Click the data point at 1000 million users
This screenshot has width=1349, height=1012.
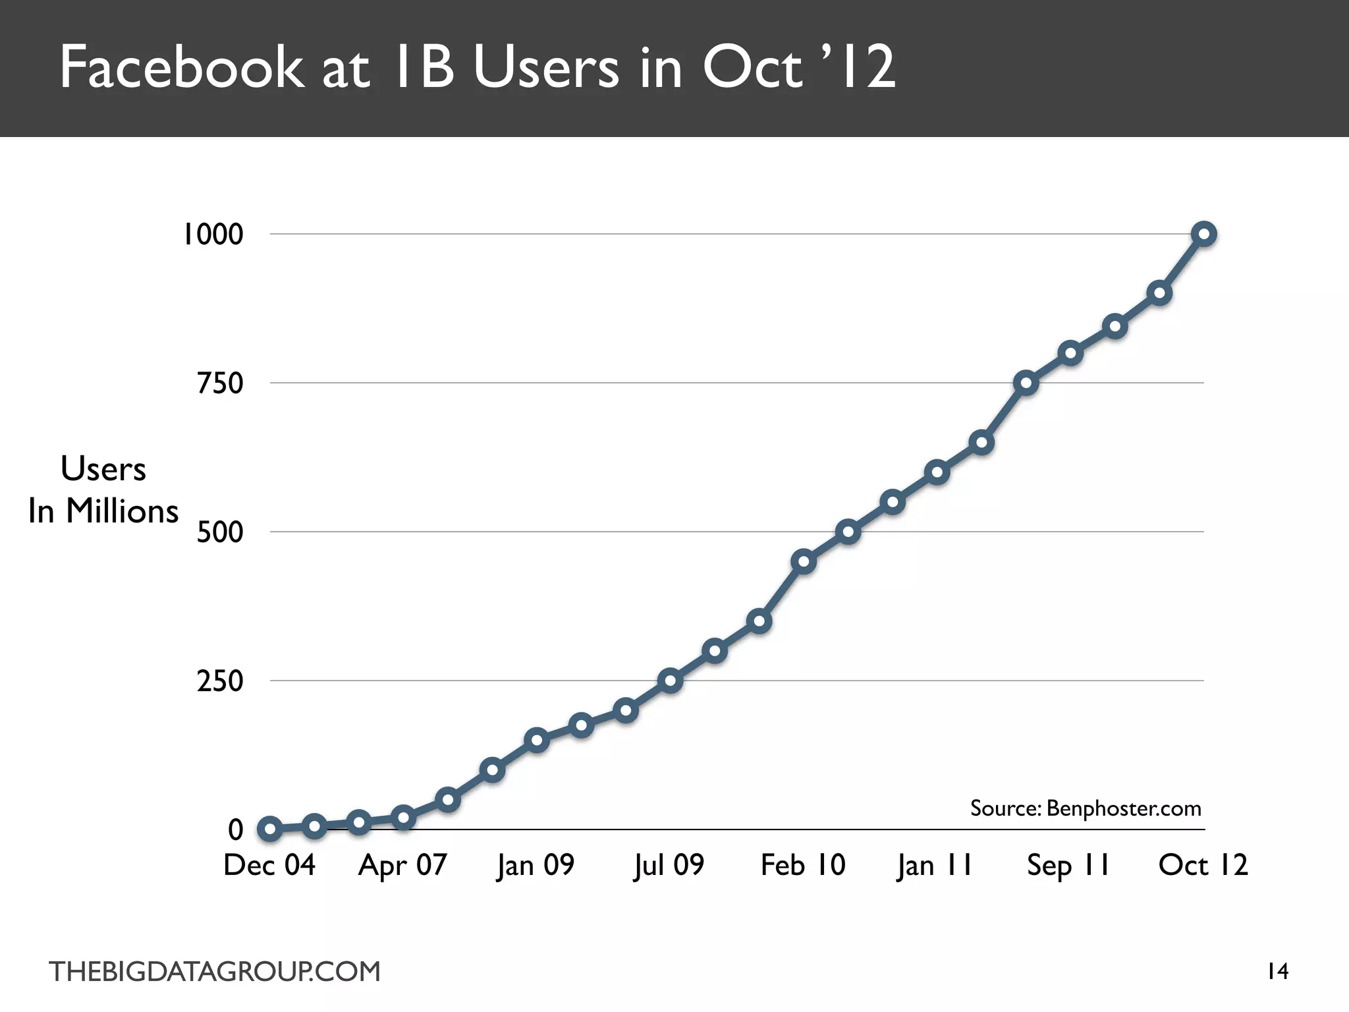click(x=1204, y=234)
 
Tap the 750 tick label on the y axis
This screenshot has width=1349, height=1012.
click(x=220, y=383)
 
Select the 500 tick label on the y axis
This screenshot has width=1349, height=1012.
click(x=220, y=532)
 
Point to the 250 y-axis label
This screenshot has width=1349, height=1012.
click(x=220, y=681)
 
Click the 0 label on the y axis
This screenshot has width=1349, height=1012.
click(x=235, y=830)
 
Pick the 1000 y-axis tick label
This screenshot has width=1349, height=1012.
click(x=212, y=235)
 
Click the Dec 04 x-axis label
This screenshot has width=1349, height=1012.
click(x=269, y=865)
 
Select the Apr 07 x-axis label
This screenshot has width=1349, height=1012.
click(x=402, y=865)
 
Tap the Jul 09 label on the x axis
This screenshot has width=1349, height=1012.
click(x=669, y=865)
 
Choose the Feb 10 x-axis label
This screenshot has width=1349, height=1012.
click(x=803, y=865)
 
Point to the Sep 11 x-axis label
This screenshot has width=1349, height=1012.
click(x=1068, y=865)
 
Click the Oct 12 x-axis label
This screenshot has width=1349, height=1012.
click(x=1203, y=865)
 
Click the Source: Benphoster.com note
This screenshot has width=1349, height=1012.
click(x=1086, y=808)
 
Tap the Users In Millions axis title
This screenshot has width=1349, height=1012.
click(x=103, y=490)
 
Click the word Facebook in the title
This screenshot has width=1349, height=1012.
click(x=182, y=67)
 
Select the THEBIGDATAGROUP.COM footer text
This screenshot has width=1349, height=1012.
click(x=215, y=972)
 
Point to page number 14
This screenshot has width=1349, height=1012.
click(x=1278, y=971)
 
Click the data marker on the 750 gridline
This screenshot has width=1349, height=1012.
click(x=1026, y=383)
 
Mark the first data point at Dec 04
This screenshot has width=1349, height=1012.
click(x=270, y=829)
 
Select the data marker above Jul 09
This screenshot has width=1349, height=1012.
click(x=670, y=680)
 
